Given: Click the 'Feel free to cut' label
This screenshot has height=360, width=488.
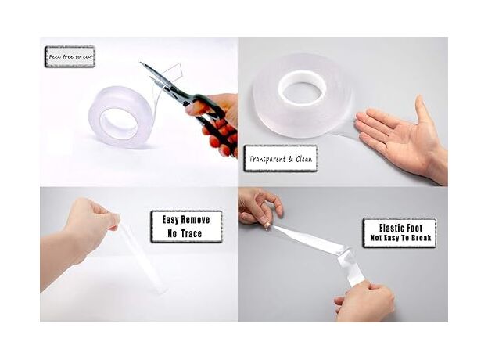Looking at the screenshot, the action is (x=70, y=56).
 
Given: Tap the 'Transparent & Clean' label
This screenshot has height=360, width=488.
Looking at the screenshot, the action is (x=281, y=159).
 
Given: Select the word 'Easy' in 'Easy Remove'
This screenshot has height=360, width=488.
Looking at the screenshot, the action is (x=170, y=220).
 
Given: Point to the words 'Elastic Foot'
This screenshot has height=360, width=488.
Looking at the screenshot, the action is (x=400, y=228).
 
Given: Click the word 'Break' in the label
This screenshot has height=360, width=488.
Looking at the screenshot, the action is (x=421, y=238).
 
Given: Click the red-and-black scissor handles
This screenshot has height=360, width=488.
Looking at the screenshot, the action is (x=215, y=122).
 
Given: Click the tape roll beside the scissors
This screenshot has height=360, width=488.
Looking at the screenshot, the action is (x=120, y=117).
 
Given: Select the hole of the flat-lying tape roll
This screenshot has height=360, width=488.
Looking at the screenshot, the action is (x=302, y=88).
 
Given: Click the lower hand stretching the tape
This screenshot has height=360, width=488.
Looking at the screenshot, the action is (x=364, y=301).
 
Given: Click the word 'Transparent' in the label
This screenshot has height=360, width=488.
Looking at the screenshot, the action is (x=267, y=159).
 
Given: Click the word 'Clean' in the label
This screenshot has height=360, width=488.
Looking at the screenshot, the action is (x=304, y=159).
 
